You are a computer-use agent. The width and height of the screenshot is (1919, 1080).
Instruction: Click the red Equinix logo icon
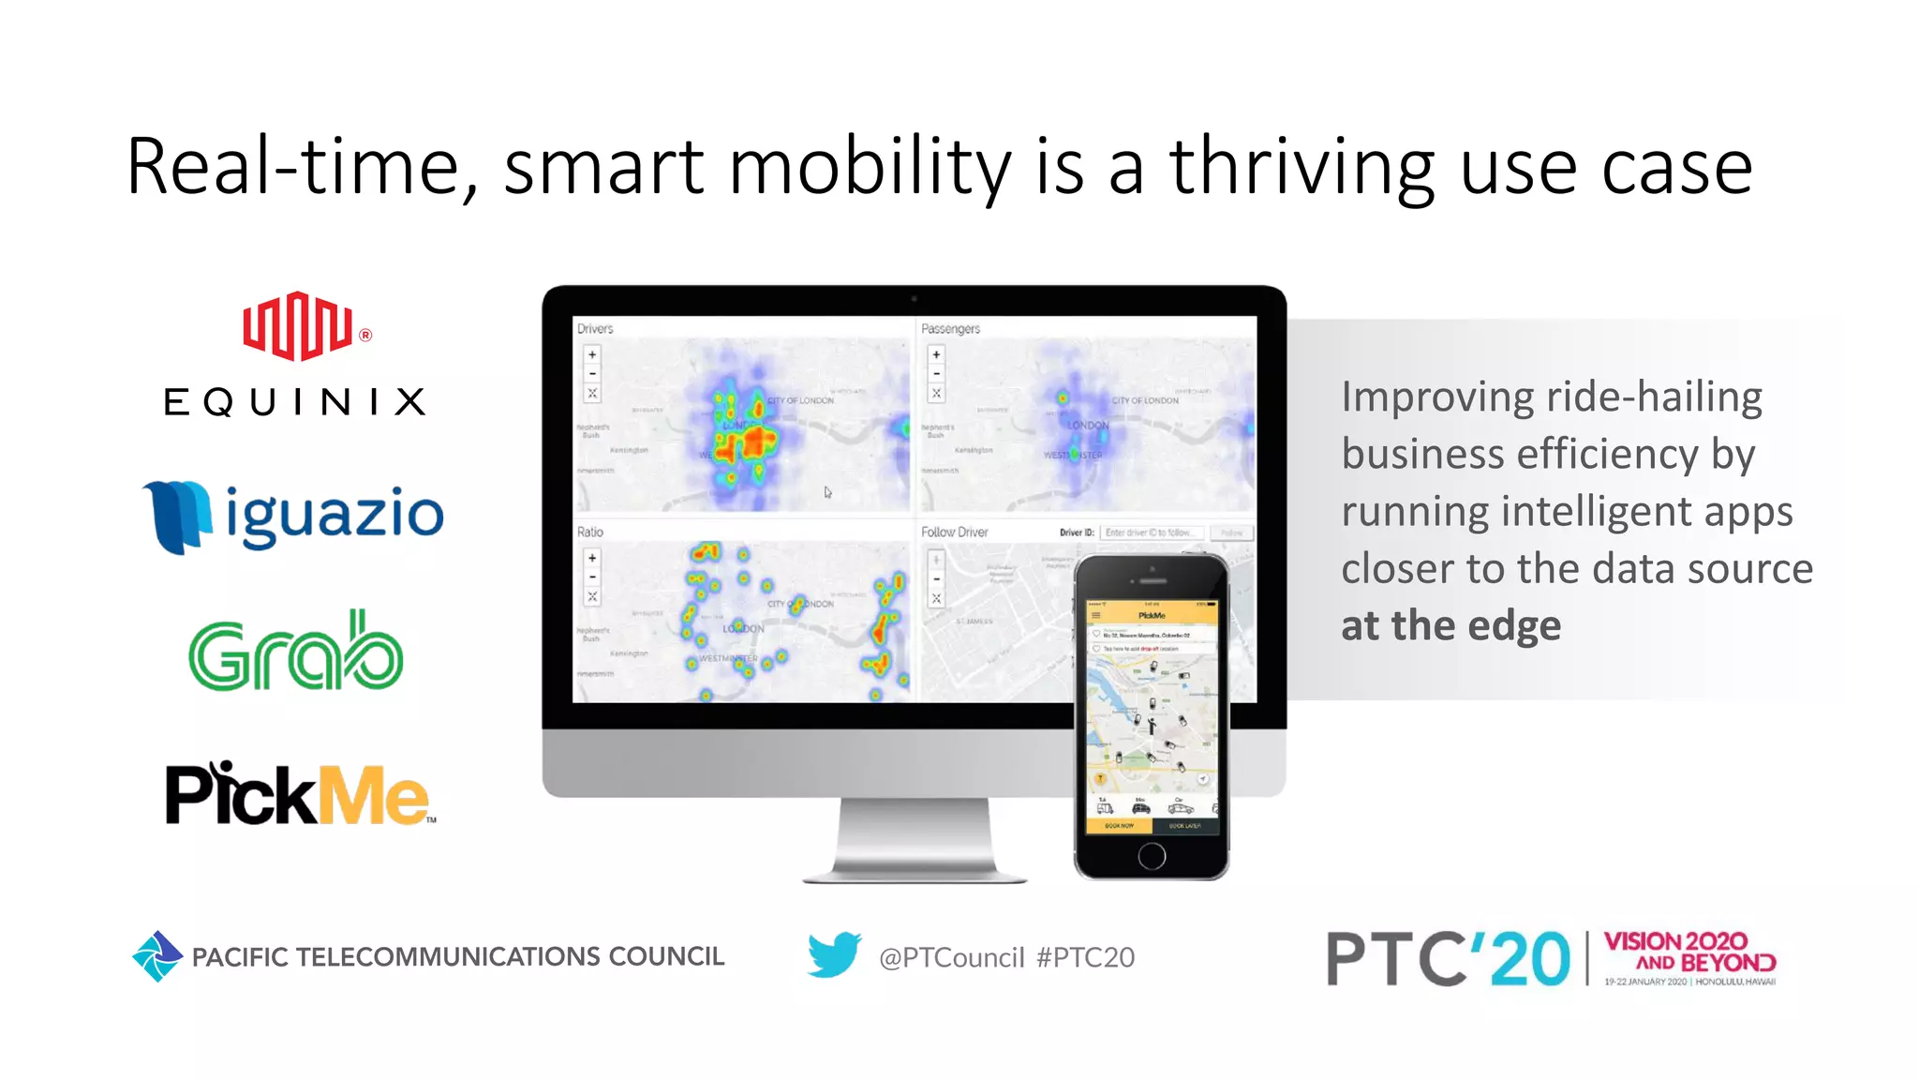298,325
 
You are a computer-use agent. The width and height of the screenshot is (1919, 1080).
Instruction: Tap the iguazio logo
293,516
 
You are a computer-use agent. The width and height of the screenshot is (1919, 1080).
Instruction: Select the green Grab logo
296,652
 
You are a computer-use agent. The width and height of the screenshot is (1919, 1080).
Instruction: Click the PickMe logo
299,794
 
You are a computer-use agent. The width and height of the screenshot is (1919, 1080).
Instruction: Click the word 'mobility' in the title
870,167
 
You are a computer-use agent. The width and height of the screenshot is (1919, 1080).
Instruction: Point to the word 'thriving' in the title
1302,167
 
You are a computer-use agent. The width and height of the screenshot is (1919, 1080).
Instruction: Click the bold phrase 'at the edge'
1450,625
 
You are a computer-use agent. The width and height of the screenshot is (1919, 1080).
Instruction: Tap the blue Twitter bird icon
834,954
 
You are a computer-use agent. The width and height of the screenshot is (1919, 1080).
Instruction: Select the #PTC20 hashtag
1085,957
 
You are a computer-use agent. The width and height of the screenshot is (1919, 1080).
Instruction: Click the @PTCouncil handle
951,957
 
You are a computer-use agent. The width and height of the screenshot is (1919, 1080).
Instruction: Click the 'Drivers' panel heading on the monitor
595,329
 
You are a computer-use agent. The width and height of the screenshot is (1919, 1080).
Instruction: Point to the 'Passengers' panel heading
950,329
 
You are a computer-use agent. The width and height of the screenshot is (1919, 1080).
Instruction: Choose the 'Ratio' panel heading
590,532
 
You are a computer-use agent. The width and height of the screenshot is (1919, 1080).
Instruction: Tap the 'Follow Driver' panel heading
954,532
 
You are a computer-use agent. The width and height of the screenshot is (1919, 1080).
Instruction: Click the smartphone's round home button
1152,855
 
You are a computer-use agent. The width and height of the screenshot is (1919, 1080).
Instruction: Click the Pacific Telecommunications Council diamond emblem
156,956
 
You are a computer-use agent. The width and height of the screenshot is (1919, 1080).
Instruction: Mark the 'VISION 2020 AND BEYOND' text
1688,952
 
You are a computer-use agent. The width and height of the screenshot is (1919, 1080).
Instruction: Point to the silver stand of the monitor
915,839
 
